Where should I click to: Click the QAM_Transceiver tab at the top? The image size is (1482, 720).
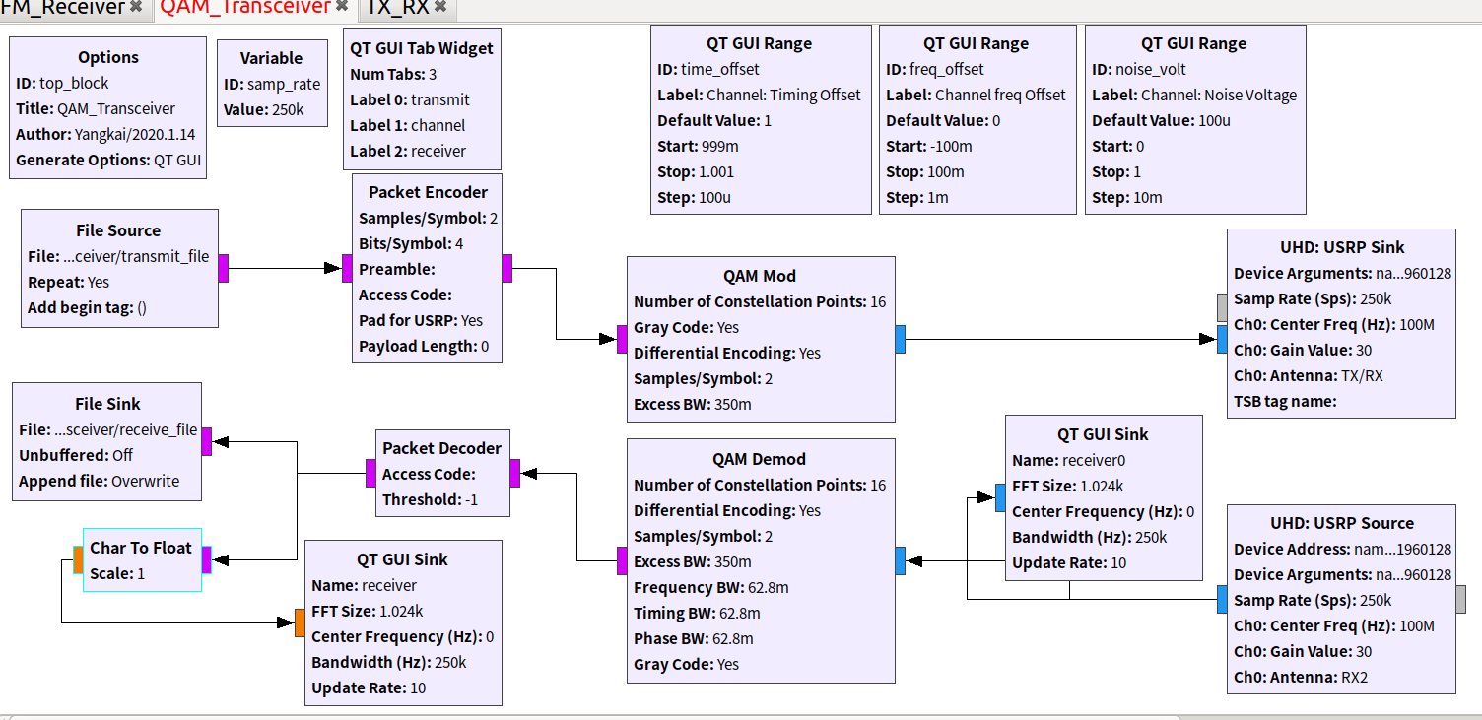click(x=244, y=8)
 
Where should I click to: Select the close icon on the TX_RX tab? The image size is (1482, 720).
click(x=440, y=8)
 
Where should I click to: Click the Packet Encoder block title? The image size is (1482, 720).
click(x=428, y=192)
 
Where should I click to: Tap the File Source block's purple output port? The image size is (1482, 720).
click(x=224, y=268)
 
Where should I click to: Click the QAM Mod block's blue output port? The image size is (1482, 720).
click(x=901, y=339)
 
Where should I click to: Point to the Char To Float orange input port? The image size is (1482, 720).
click(x=78, y=560)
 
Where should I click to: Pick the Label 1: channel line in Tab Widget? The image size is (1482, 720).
click(x=408, y=125)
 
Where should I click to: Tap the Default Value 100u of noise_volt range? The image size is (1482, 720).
click(x=1161, y=120)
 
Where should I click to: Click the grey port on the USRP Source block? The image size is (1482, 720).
click(x=1461, y=599)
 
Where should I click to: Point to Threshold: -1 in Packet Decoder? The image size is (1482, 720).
click(x=430, y=499)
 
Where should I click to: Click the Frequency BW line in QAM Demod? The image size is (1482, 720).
click(x=710, y=587)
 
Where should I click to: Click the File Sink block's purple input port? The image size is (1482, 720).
click(x=207, y=441)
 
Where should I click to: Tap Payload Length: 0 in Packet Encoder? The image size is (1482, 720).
click(x=423, y=346)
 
